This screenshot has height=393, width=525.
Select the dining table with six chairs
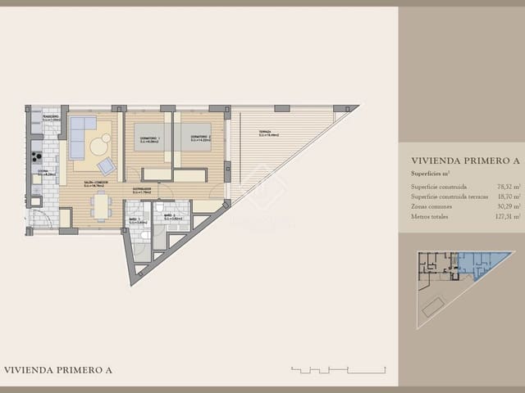click(x=101, y=206)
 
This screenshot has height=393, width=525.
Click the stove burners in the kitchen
click(x=36, y=155)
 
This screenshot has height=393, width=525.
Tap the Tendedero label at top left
click(x=39, y=117)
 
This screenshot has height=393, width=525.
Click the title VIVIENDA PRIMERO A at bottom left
click(x=58, y=370)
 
